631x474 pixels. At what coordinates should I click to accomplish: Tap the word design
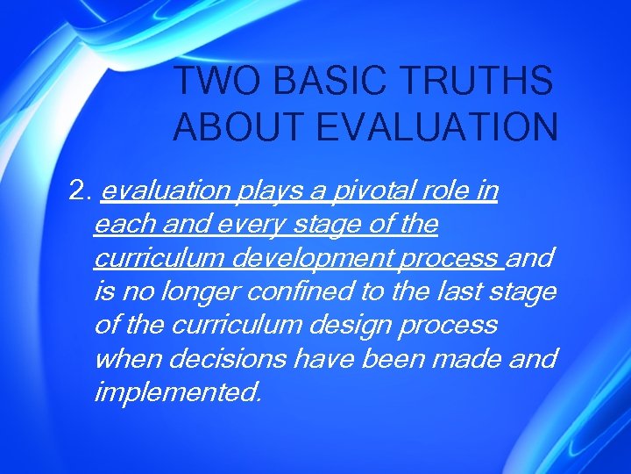tap(351, 325)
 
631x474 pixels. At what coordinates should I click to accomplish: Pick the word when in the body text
tap(124, 358)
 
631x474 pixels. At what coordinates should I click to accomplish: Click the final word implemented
tap(177, 392)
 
